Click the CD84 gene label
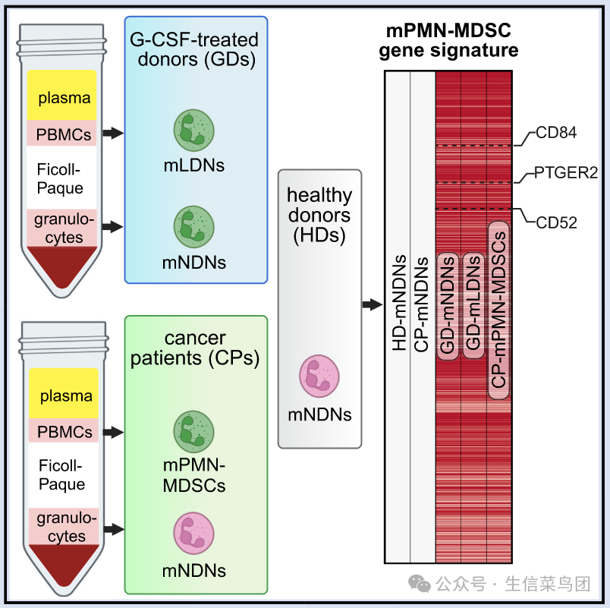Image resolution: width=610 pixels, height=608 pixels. tap(556, 133)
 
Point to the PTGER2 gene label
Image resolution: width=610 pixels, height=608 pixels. tap(566, 172)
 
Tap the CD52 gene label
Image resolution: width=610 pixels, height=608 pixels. tap(556, 222)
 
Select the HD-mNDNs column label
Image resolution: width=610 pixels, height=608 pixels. tap(399, 303)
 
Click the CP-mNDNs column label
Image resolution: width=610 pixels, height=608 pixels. tap(421, 304)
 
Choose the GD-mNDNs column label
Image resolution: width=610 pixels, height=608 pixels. tap(448, 305)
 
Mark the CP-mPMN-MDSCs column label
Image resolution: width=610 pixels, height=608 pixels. tap(498, 310)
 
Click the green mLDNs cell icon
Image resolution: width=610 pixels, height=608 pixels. tap(193, 131)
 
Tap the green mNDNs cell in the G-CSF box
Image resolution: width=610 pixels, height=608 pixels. tap(193, 227)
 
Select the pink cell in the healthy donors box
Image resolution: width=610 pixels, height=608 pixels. tap(319, 376)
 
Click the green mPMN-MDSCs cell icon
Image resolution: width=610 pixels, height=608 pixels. tap(193, 432)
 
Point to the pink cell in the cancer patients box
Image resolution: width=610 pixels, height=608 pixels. tap(193, 534)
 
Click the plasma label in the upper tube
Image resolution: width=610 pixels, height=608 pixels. tap(64, 98)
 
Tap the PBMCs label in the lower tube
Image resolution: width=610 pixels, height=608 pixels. tap(64, 432)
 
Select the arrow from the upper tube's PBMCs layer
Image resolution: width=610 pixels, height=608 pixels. tap(113, 133)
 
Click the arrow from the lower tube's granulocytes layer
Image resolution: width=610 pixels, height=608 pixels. tap(114, 529)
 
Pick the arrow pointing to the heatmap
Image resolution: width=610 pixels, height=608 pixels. tap(373, 304)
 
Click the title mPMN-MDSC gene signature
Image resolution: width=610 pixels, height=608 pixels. tap(448, 40)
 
